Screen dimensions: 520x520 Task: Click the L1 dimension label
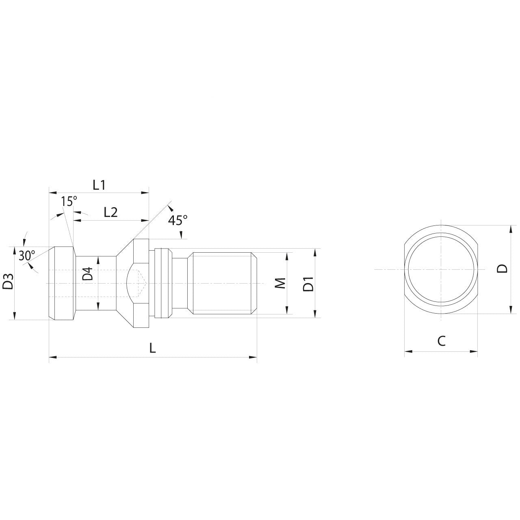[99, 185]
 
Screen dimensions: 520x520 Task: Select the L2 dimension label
[110, 212]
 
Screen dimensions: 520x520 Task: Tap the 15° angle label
[69, 201]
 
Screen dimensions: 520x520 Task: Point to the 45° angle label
[178, 221]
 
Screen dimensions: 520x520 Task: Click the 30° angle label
[27, 256]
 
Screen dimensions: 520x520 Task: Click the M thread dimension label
[281, 283]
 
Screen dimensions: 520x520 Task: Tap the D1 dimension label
[309, 283]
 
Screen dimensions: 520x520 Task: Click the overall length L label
[152, 348]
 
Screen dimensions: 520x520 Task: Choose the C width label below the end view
[441, 341]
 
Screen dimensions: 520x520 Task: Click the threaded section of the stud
[221, 283]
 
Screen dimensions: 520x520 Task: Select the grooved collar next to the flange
[161, 283]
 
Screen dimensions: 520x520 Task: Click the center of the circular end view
[441, 269]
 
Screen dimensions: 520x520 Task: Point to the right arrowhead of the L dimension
[254, 357]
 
